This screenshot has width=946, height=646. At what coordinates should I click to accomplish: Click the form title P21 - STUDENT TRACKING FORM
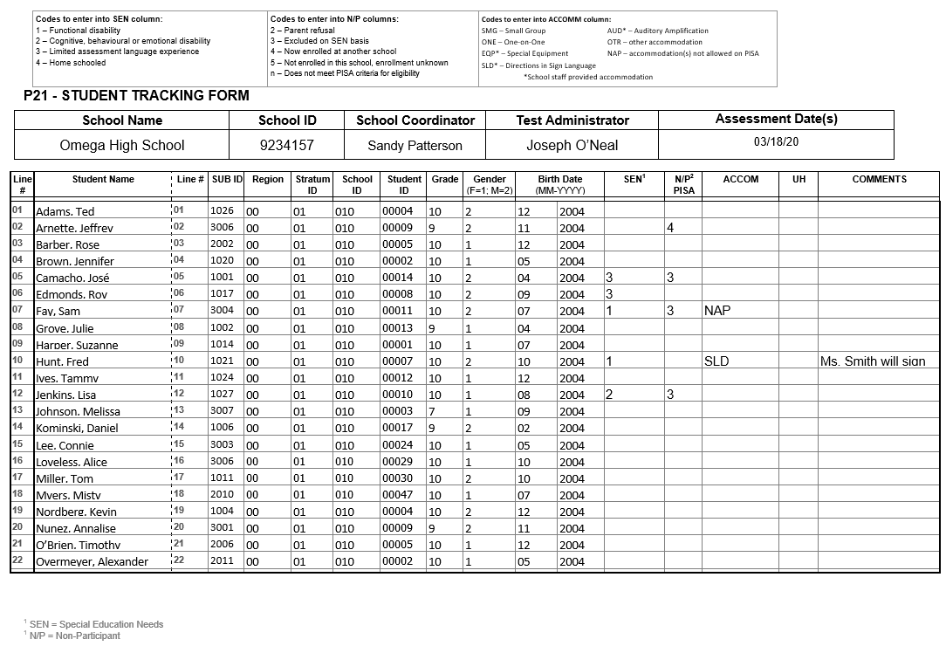click(137, 96)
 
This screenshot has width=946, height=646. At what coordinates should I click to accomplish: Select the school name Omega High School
click(122, 145)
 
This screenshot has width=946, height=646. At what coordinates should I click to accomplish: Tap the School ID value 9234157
click(286, 145)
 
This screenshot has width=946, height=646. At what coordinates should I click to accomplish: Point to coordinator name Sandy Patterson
click(415, 146)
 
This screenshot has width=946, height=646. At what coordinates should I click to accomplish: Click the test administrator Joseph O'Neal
click(572, 145)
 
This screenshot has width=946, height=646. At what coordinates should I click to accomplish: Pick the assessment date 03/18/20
click(776, 141)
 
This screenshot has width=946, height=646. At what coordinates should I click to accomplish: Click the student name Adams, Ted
click(65, 212)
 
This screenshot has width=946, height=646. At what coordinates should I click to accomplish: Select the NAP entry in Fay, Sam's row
click(718, 311)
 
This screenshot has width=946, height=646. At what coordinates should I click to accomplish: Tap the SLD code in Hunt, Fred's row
click(716, 361)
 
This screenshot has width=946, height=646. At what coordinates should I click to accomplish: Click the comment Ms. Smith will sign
click(873, 361)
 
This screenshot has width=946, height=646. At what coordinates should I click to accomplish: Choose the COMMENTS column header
click(879, 179)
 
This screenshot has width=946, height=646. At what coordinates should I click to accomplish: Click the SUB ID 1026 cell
click(222, 210)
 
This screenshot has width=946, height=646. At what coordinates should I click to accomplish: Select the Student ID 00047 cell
click(397, 494)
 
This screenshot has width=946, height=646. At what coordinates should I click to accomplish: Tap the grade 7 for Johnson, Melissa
click(431, 411)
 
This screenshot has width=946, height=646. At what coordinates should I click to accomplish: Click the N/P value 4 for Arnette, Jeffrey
click(670, 228)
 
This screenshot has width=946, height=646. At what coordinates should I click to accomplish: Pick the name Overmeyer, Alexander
click(92, 562)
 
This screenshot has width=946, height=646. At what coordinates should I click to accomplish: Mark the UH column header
click(799, 179)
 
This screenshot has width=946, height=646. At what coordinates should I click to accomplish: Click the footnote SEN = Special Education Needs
click(96, 624)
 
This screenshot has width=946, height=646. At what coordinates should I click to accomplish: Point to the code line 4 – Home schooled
click(71, 63)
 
